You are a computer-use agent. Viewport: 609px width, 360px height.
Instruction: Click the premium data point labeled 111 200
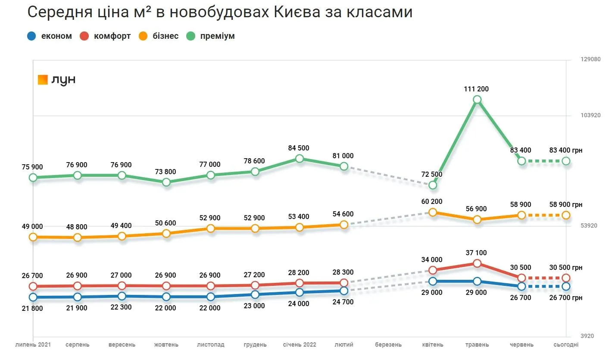click(477, 100)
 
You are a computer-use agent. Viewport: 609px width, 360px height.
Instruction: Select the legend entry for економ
click(50, 36)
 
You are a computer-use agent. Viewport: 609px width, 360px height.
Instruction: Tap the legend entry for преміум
click(211, 36)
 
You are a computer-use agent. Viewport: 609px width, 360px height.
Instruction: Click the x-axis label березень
click(388, 345)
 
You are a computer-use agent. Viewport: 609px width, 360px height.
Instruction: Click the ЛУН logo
click(57, 80)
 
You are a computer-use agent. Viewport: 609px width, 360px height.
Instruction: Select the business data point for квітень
click(433, 212)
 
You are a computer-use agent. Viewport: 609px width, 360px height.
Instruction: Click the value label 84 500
click(299, 148)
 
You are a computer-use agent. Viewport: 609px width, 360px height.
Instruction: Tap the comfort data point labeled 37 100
click(477, 263)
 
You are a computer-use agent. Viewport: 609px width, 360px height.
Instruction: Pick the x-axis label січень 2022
click(299, 345)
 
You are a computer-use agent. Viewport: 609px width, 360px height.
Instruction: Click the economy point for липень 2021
click(33, 297)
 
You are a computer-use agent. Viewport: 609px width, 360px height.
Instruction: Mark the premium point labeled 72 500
click(433, 185)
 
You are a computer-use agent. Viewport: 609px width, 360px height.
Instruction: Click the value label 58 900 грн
click(566, 205)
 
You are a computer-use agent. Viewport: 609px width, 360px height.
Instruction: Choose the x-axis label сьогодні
click(566, 345)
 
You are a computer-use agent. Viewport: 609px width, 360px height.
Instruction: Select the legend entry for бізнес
click(158, 36)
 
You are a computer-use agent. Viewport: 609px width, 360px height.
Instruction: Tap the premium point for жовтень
click(166, 182)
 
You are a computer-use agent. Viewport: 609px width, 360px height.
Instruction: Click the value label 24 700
click(343, 302)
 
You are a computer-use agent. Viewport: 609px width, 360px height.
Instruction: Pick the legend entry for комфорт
click(105, 36)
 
